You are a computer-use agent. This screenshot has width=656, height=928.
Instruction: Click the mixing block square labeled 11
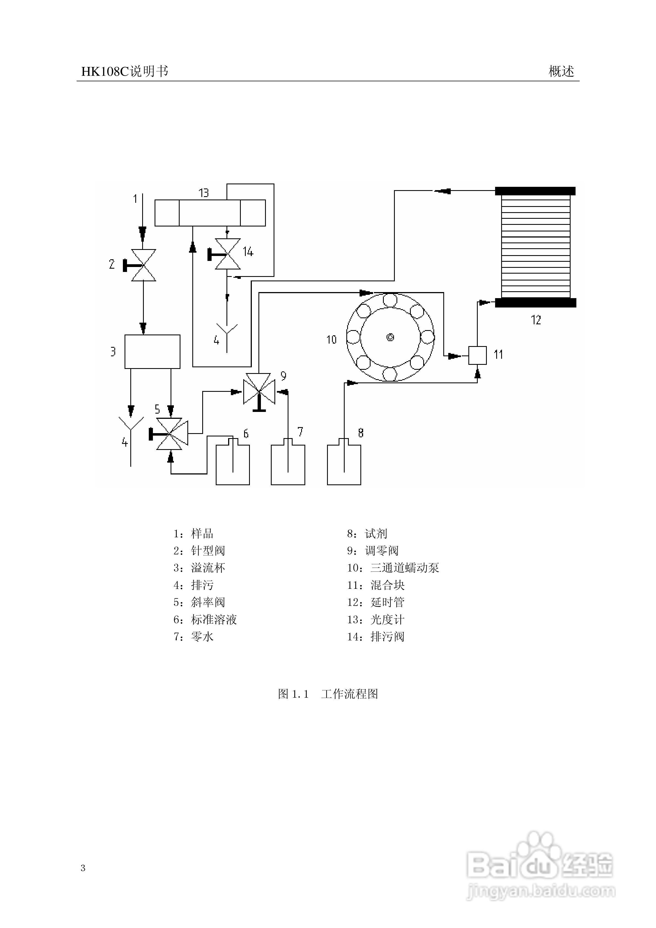pyautogui.click(x=477, y=355)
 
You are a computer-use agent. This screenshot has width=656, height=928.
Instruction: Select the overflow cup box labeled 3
pyautogui.click(x=152, y=352)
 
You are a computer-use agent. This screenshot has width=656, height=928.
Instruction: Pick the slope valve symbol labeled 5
pyautogui.click(x=169, y=434)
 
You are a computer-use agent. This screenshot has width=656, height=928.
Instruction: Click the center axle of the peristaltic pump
pyautogui.click(x=390, y=337)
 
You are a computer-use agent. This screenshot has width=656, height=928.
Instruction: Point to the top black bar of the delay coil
pyautogui.click(x=535, y=191)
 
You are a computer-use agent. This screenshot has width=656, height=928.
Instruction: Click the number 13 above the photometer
pyautogui.click(x=204, y=193)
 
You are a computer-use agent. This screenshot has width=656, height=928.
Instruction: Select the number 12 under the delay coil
pyautogui.click(x=536, y=320)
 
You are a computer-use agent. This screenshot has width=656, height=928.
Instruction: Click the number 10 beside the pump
pyautogui.click(x=331, y=339)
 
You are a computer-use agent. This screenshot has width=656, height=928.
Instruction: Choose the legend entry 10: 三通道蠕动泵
pyautogui.click(x=393, y=568)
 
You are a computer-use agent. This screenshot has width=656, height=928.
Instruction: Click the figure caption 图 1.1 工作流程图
pyautogui.click(x=328, y=694)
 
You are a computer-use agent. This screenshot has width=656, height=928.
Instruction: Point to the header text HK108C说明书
pyautogui.click(x=125, y=72)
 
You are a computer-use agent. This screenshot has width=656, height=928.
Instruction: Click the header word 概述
pyautogui.click(x=561, y=72)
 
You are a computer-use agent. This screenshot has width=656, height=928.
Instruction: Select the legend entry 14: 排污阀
pyautogui.click(x=376, y=636)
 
